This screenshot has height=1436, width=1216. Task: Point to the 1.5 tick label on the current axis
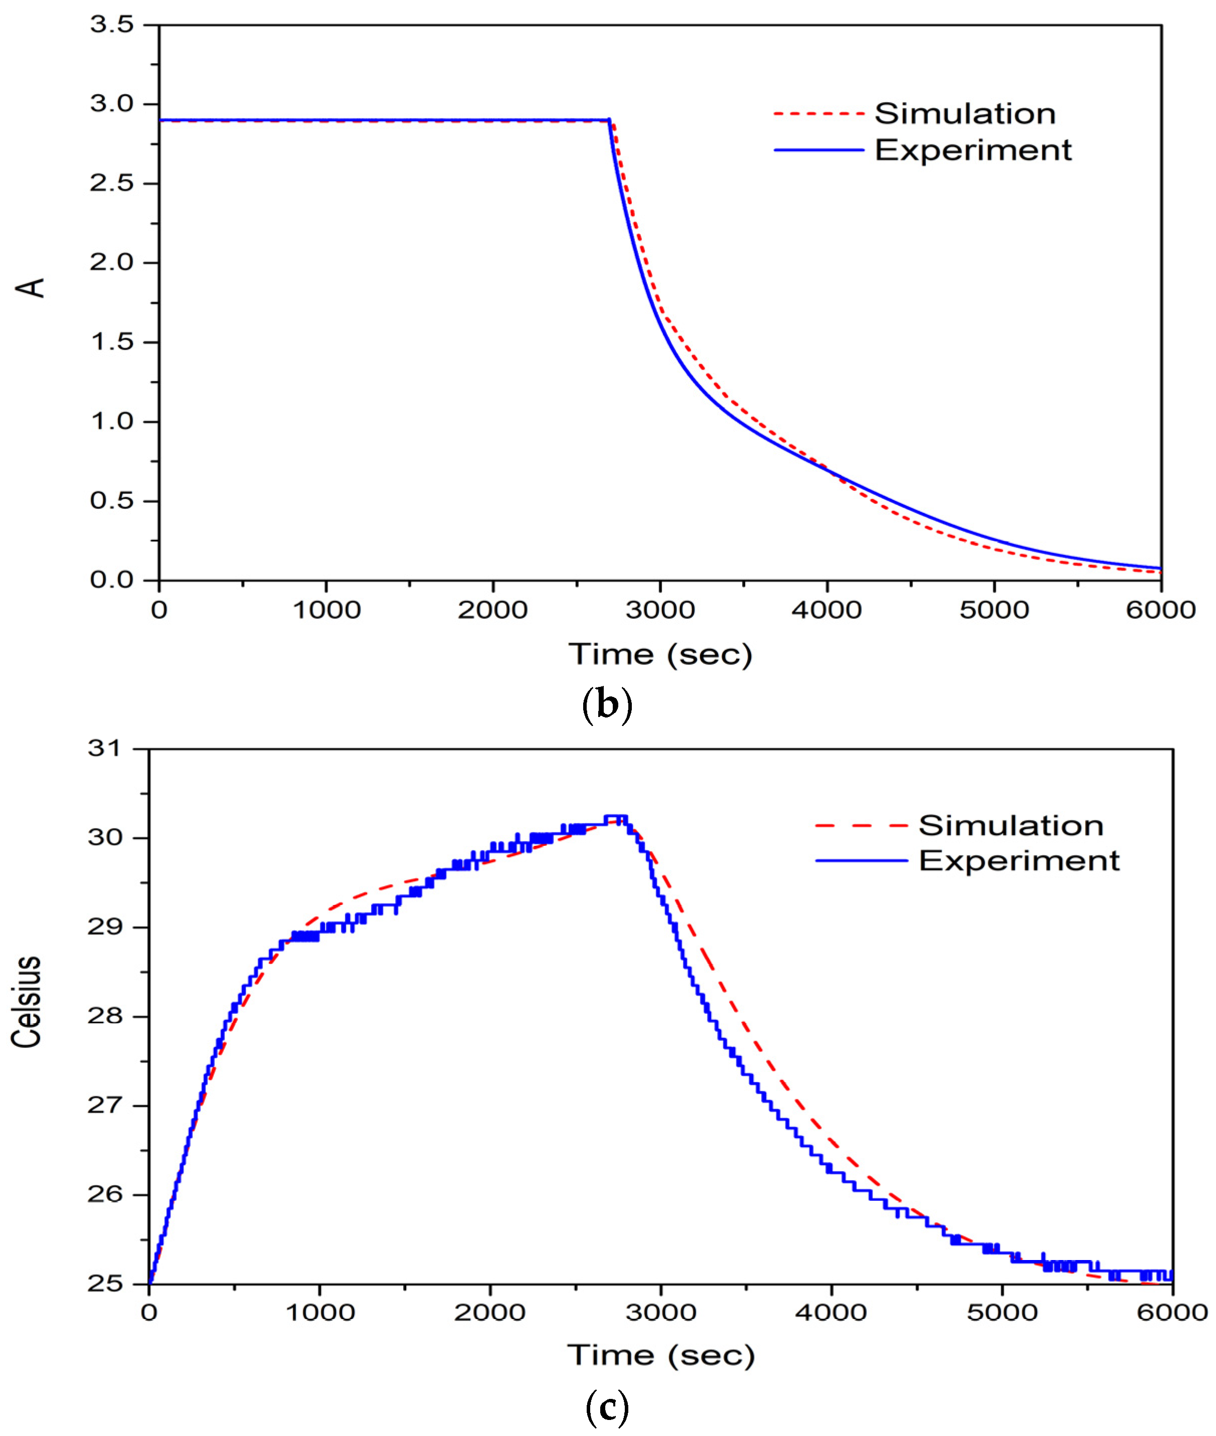(x=112, y=342)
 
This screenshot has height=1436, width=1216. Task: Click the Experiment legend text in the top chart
(x=973, y=150)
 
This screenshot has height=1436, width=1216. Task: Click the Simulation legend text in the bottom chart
(x=1010, y=826)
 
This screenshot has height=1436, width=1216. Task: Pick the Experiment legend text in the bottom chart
(x=1019, y=861)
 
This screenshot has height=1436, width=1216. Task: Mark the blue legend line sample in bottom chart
(x=861, y=861)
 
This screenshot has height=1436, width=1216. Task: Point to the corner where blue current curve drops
(x=609, y=121)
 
